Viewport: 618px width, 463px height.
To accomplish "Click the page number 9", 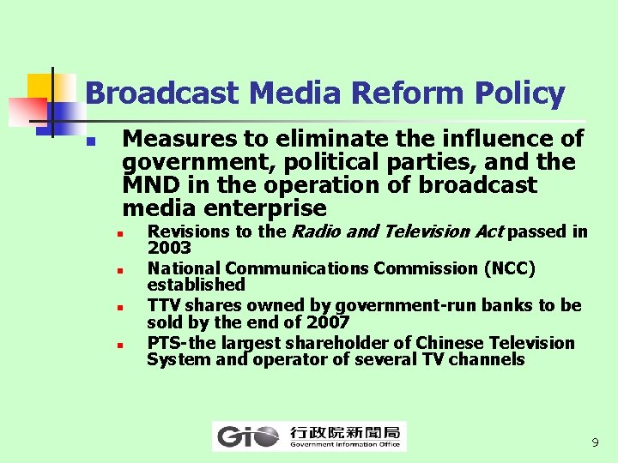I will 595,443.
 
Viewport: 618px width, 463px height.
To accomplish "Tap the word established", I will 196,285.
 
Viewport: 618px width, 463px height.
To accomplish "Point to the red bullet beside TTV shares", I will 122,306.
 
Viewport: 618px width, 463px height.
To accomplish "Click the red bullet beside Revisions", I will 122,232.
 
